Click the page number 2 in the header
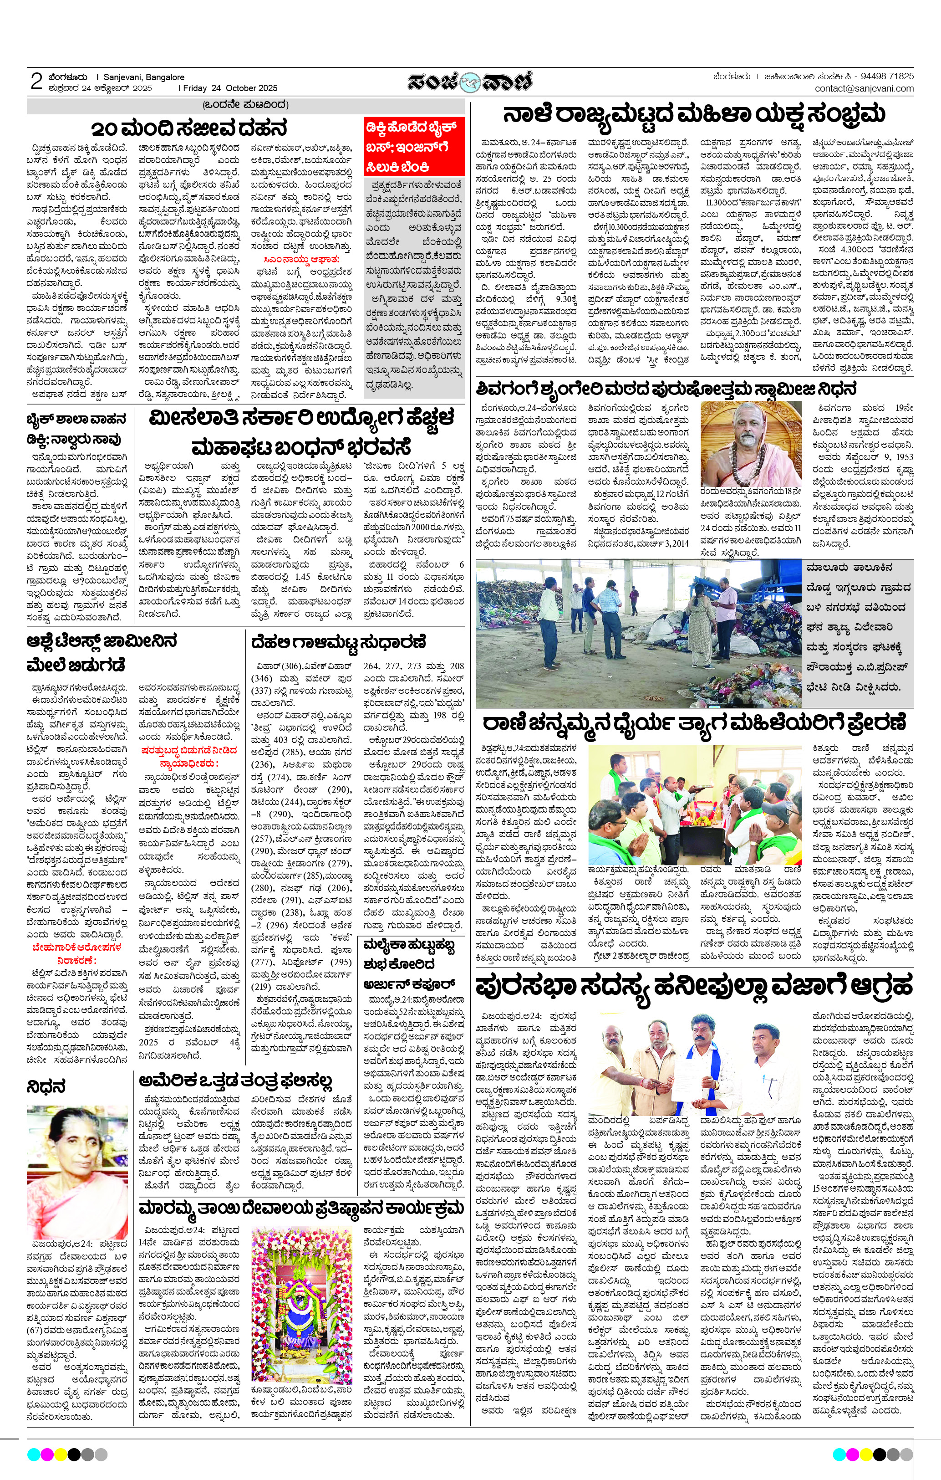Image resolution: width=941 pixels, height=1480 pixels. [36, 81]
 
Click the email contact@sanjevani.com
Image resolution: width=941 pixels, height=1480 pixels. [864, 88]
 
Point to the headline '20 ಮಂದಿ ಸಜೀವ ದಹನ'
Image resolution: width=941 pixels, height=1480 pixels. [189, 129]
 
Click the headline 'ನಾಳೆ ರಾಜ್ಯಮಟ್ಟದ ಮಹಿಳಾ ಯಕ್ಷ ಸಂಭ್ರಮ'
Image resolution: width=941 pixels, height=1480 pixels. [694, 115]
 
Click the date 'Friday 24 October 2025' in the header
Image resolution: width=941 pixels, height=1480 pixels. [228, 88]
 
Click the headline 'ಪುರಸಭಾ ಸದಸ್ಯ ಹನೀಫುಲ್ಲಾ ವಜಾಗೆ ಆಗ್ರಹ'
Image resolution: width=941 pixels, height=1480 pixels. [694, 987]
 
